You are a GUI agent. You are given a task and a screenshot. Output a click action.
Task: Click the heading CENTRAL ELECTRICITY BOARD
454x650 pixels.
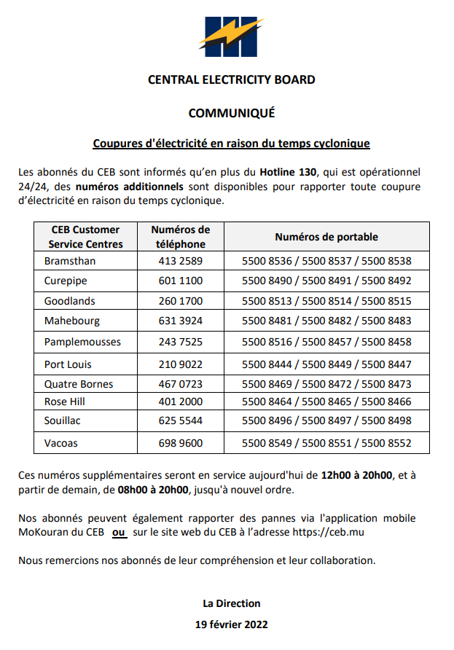click(231, 79)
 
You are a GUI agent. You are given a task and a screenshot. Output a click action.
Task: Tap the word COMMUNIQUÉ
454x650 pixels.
click(231, 113)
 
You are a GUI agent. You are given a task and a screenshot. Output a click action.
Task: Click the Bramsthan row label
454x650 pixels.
click(70, 261)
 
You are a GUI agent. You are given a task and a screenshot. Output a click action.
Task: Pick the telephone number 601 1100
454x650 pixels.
click(180, 281)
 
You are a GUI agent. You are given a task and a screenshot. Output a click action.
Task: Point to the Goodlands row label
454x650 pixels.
click(70, 301)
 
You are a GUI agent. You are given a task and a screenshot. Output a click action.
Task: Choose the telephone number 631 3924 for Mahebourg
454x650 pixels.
click(180, 321)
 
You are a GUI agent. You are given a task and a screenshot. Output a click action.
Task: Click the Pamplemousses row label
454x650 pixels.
click(82, 342)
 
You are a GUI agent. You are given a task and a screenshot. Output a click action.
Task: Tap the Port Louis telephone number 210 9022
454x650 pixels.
click(180, 364)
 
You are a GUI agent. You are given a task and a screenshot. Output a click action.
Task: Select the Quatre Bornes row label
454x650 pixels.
click(79, 384)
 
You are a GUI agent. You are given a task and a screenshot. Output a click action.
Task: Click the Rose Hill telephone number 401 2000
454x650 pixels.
click(180, 402)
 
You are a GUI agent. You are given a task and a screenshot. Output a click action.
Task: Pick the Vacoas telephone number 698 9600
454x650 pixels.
click(180, 442)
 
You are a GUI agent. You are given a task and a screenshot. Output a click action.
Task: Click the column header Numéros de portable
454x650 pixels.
click(326, 237)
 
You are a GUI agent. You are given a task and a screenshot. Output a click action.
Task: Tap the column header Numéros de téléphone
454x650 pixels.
click(180, 237)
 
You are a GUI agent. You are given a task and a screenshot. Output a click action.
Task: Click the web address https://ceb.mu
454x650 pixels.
click(328, 533)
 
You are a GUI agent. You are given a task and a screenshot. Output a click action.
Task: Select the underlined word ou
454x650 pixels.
click(119, 533)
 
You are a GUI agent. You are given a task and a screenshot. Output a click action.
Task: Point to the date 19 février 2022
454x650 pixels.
click(231, 624)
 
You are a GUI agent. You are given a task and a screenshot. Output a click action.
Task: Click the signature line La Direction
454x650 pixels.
click(231, 603)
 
